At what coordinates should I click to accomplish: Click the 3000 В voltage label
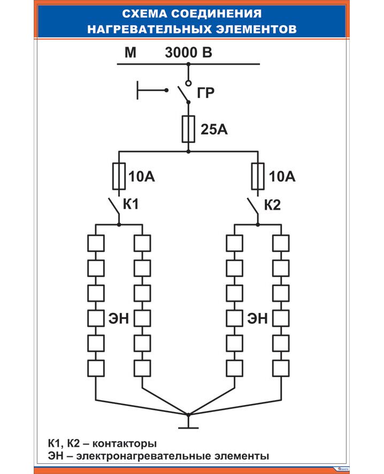click(189, 53)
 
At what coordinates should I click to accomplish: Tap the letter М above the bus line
click(130, 53)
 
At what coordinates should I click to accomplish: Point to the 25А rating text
click(214, 129)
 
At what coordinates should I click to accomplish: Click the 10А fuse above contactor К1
click(119, 177)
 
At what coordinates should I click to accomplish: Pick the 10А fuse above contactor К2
click(258, 177)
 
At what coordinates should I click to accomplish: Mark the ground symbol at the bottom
click(188, 426)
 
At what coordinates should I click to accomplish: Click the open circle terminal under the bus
click(188, 83)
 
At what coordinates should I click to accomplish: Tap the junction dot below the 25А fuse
click(188, 151)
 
